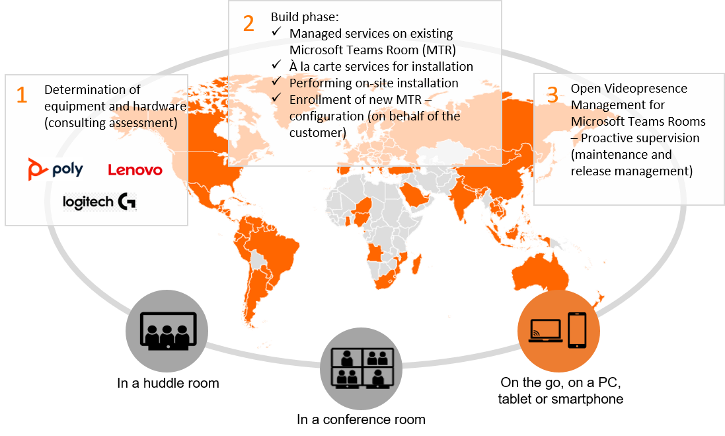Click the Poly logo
point(56,169)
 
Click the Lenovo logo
point(135,170)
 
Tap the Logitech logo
point(99,202)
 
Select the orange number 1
point(22,95)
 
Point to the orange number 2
point(248,23)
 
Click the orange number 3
point(553,95)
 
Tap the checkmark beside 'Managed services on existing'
point(276,33)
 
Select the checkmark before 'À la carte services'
point(276,66)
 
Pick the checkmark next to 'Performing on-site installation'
point(276,83)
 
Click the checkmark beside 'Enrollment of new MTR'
point(276,99)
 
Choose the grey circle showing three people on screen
point(167,330)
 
